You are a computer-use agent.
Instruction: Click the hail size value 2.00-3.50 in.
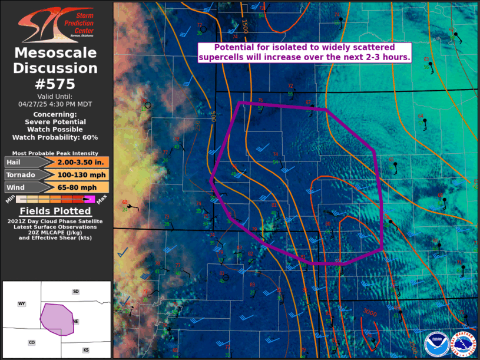click(82, 162)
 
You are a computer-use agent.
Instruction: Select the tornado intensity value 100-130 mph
click(82, 174)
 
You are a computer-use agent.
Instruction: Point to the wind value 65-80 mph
click(82, 187)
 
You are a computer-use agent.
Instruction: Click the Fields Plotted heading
click(55, 211)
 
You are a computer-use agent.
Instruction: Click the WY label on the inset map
click(22, 303)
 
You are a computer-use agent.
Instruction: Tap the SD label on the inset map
click(75, 292)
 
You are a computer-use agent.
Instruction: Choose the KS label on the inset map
click(85, 350)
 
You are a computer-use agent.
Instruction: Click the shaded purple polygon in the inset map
click(56, 319)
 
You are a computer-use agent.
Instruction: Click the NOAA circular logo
click(436, 344)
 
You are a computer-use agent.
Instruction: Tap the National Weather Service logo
click(463, 344)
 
